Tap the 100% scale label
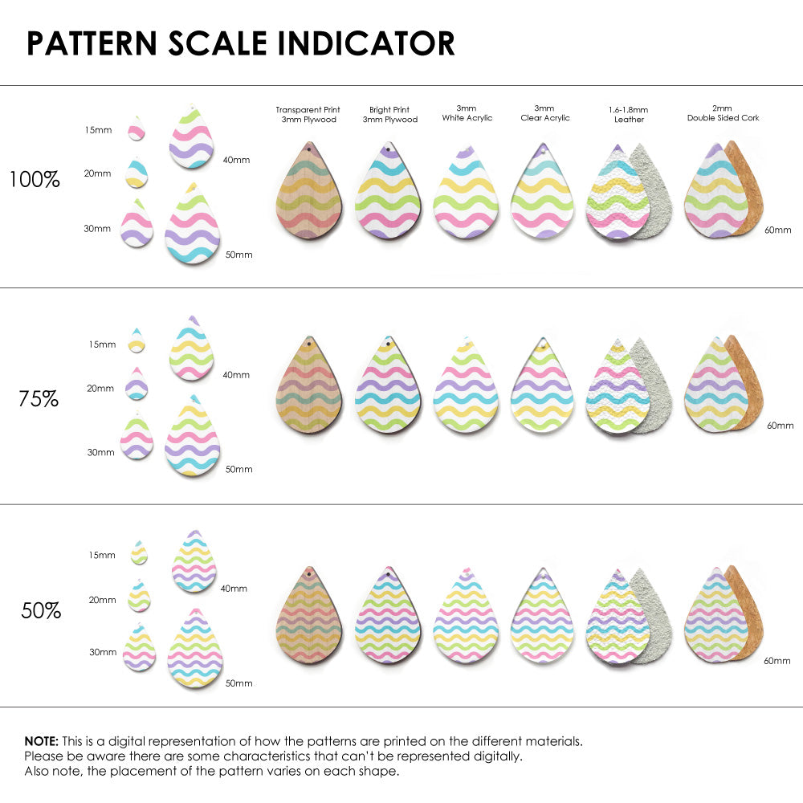tap(35, 180)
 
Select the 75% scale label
tap(39, 398)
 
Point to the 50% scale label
tap(41, 611)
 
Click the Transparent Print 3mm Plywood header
tap(308, 115)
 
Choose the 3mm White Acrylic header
tap(467, 113)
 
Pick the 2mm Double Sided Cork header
tap(723, 113)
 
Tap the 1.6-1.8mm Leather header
tap(629, 115)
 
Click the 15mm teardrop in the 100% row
tap(137, 128)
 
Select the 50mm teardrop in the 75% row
tap(193, 438)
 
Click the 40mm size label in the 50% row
tap(234, 589)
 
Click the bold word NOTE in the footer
tap(40, 741)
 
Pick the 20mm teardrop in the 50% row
tap(139, 597)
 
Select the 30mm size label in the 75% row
tap(100, 452)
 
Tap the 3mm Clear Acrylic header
tap(545, 113)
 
